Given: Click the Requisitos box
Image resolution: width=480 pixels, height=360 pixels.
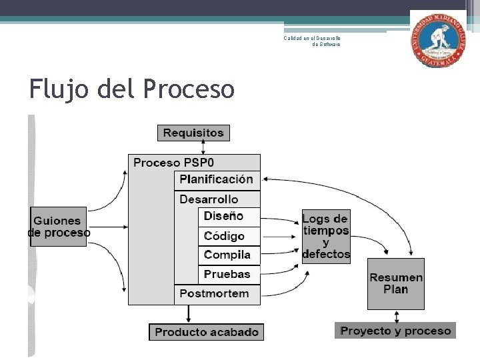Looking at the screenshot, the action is click(x=193, y=133).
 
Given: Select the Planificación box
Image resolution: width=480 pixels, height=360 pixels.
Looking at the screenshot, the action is click(x=216, y=179).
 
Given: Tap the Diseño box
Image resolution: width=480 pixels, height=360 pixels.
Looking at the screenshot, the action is click(x=223, y=216).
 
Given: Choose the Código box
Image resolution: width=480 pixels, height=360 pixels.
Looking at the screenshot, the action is click(x=224, y=236).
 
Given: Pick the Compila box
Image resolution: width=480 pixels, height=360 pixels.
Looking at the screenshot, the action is click(x=227, y=255).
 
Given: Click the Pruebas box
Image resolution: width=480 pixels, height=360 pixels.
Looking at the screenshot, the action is click(x=227, y=274).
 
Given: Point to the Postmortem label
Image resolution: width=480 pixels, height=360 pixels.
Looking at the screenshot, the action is click(x=214, y=293).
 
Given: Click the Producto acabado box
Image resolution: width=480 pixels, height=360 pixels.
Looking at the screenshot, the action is click(x=206, y=331).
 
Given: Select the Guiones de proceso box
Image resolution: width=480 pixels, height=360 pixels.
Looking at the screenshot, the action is click(x=59, y=227).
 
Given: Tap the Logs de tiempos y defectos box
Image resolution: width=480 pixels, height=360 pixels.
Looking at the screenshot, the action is click(x=325, y=236).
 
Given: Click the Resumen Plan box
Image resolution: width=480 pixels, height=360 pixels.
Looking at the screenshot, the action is click(x=396, y=284).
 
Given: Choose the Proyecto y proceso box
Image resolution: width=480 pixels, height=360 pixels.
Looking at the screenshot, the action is click(x=395, y=331).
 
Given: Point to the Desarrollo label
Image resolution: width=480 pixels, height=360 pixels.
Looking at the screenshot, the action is click(x=209, y=199).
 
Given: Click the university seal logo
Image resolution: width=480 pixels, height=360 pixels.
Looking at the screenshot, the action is click(x=438, y=39).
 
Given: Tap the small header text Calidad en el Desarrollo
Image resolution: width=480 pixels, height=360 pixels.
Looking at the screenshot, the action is click(x=312, y=38).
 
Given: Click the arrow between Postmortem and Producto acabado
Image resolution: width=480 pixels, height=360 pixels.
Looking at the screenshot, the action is click(x=189, y=314).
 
